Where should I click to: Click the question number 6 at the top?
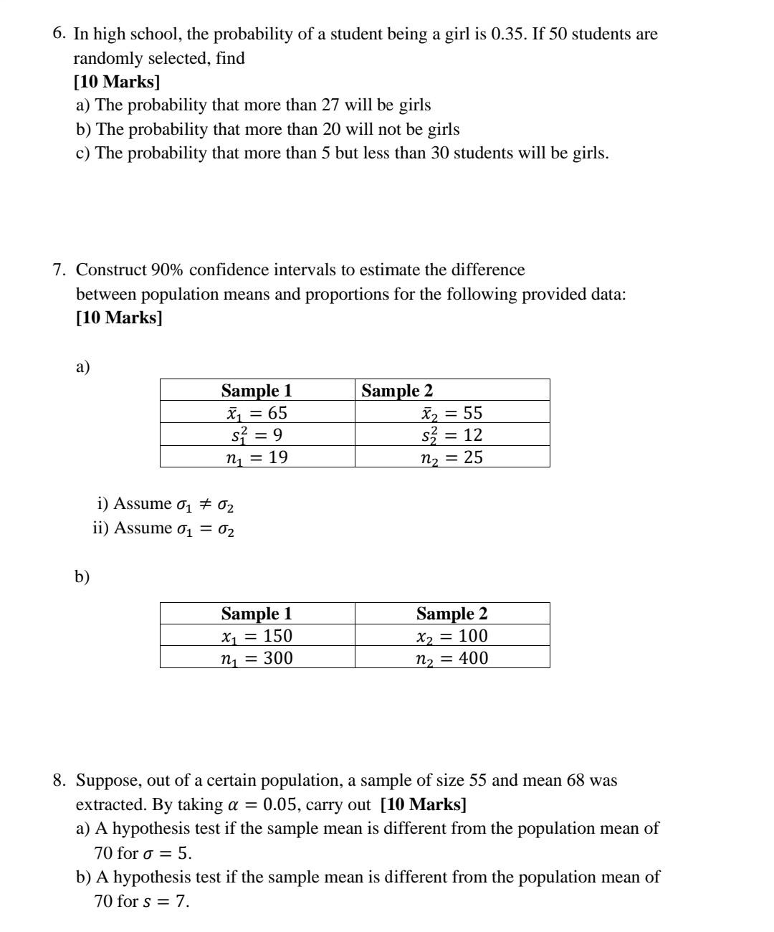(59, 34)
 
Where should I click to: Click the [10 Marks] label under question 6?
(117, 81)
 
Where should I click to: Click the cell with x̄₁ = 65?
(257, 412)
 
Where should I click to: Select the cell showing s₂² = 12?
(452, 434)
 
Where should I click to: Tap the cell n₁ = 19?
(257, 457)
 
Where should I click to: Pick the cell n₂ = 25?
(452, 457)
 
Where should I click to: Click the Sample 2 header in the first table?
(397, 391)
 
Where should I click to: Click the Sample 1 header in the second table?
(257, 614)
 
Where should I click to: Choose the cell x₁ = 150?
(257, 636)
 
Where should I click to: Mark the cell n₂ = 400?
(452, 658)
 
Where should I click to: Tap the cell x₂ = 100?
(452, 636)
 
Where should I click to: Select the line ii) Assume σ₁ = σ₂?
(163, 528)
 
